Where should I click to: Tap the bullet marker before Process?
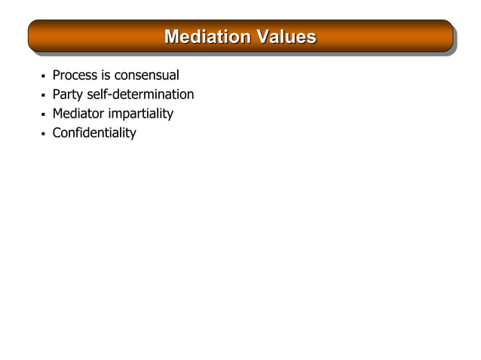43,76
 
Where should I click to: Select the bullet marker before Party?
43,96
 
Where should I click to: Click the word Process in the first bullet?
76,75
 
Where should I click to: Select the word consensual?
147,75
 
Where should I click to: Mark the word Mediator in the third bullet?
78,114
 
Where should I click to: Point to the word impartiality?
141,114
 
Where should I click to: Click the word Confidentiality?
94,134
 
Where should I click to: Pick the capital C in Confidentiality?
57,134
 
